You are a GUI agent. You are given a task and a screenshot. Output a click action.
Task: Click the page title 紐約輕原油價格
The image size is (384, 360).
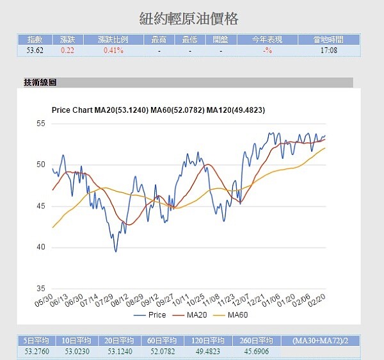[192, 18]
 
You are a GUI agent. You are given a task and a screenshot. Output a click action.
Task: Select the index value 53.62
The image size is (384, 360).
[35, 49]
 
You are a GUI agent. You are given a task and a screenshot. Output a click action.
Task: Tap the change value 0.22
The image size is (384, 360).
[67, 49]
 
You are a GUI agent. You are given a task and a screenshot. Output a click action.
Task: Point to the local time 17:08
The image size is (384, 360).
[330, 49]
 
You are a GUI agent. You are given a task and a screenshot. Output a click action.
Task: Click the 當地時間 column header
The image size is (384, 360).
[330, 40]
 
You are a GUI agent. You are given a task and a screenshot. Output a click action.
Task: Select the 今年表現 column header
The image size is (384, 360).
[267, 40]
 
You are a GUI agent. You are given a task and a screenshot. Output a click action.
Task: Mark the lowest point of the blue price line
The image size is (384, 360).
[116, 251]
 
